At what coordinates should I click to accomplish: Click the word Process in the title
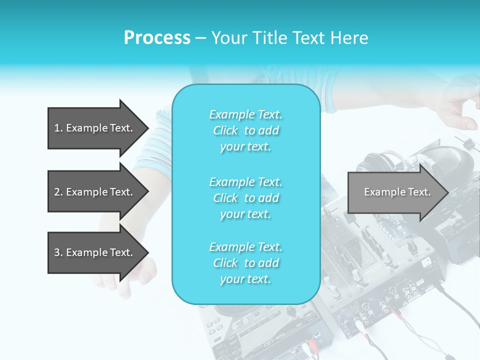[157, 38]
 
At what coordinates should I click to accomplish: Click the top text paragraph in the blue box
[245, 130]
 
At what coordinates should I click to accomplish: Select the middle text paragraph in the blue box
[245, 198]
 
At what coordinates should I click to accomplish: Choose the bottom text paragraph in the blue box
[245, 263]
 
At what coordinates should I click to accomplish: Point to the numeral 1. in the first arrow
[58, 128]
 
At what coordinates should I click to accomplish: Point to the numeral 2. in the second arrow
[58, 192]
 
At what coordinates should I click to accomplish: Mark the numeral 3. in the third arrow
[58, 252]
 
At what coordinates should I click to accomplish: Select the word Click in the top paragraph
[225, 130]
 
